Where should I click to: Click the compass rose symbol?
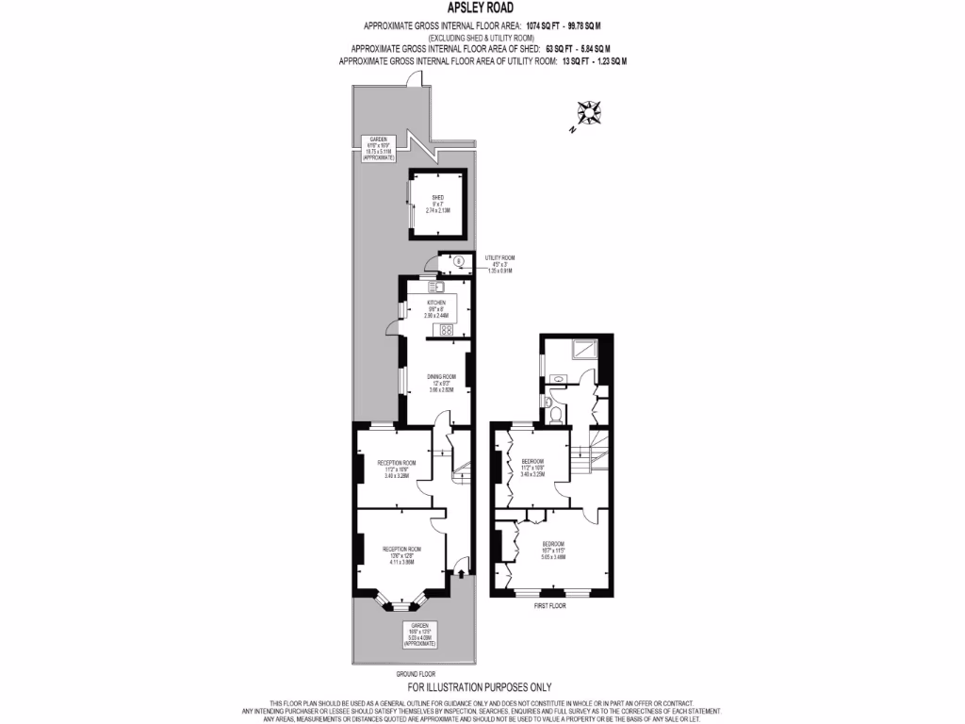591,112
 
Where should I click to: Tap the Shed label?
437,204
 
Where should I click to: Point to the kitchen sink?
434,285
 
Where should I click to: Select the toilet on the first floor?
556,412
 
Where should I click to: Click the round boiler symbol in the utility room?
458,262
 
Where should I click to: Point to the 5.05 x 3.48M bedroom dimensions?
553,556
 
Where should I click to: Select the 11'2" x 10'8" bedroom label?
533,465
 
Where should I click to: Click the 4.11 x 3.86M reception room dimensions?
401,562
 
